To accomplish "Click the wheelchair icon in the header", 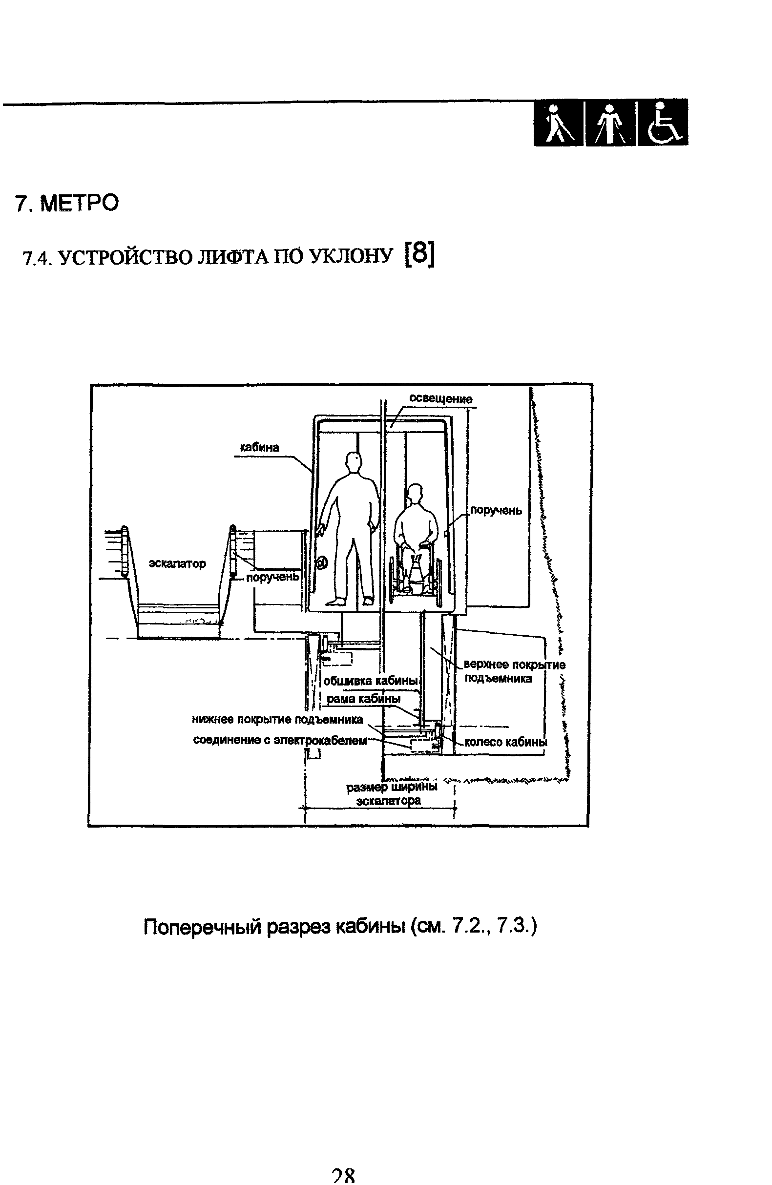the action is pos(663,122).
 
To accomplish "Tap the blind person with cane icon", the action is pos(558,123).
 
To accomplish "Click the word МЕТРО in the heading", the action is pos(79,203).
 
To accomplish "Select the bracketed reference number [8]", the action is pos(420,254).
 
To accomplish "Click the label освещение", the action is pos(441,398).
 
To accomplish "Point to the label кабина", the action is pos(259,447).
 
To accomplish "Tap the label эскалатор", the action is pos(177,563).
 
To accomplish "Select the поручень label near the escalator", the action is pos(273,577).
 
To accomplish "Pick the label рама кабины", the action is pos(364,699).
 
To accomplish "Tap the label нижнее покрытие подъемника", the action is pos(277,720).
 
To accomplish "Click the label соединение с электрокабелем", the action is pos(280,740).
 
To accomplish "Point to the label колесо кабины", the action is pos(506,742).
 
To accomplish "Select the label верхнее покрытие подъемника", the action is pos(515,672).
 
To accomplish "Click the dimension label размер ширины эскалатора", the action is pos(392,794).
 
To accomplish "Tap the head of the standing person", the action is pos(353,462).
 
